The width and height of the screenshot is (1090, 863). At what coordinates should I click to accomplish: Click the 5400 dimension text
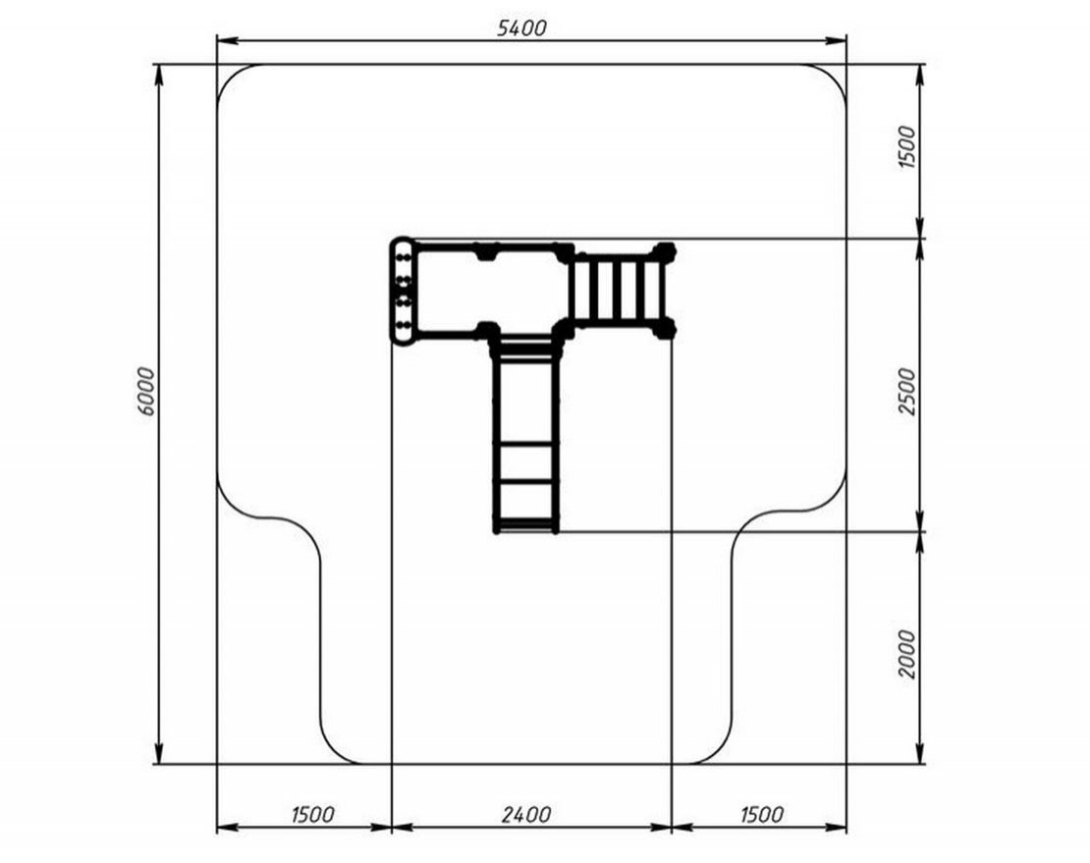(522, 27)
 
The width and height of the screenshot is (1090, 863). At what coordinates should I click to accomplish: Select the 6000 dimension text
(146, 391)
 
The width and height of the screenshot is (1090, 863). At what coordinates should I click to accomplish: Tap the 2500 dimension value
(908, 391)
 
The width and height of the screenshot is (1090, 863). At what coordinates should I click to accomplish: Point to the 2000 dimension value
(908, 654)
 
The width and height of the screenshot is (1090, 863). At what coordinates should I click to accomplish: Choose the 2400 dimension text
(526, 814)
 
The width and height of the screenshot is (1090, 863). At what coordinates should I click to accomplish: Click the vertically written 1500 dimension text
(908, 146)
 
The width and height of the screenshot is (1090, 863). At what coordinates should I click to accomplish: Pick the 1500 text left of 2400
(313, 814)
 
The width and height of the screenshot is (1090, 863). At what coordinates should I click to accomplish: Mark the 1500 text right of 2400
(762, 814)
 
